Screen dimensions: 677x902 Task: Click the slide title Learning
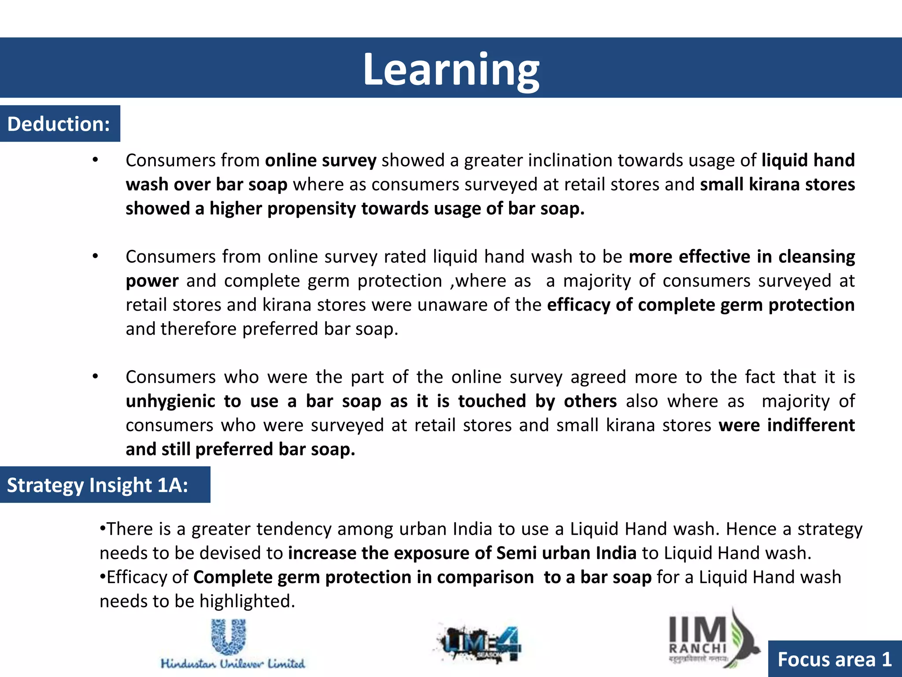451,69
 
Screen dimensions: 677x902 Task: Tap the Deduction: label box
59,124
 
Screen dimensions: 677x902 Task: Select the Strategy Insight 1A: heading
98,485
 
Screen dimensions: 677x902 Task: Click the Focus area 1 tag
835,659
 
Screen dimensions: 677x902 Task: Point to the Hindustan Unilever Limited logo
233,644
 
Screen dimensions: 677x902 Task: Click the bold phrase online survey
321,160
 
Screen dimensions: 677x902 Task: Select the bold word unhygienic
170,402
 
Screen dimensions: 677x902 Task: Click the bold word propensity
311,208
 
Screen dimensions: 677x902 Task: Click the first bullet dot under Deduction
95,160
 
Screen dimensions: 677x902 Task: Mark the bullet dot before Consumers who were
95,377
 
